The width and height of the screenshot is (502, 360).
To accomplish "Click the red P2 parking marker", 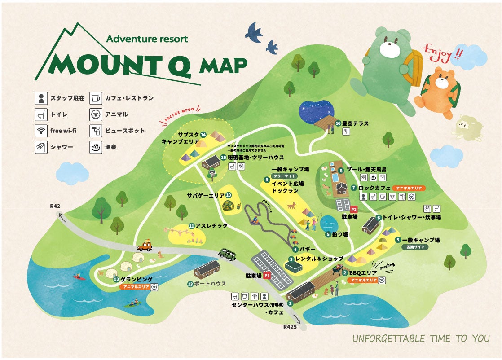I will [x=354, y=209].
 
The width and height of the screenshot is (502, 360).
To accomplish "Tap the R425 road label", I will [x=290, y=327].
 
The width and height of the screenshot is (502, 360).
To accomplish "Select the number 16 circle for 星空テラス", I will [x=338, y=123].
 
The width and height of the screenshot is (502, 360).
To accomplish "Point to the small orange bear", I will [x=438, y=92].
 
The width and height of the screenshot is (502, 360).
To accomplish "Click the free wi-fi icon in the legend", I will [x=41, y=131].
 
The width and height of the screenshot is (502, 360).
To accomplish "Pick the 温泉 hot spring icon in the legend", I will [x=95, y=147].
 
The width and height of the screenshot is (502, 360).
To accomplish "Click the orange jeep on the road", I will [x=145, y=246].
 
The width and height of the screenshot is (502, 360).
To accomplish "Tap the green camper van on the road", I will [x=228, y=255].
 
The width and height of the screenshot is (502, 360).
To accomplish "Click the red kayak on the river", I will [x=79, y=277].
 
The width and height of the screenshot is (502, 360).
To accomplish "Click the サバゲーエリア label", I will [x=205, y=195].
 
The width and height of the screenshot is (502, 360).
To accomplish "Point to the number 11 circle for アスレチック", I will [x=191, y=226].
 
